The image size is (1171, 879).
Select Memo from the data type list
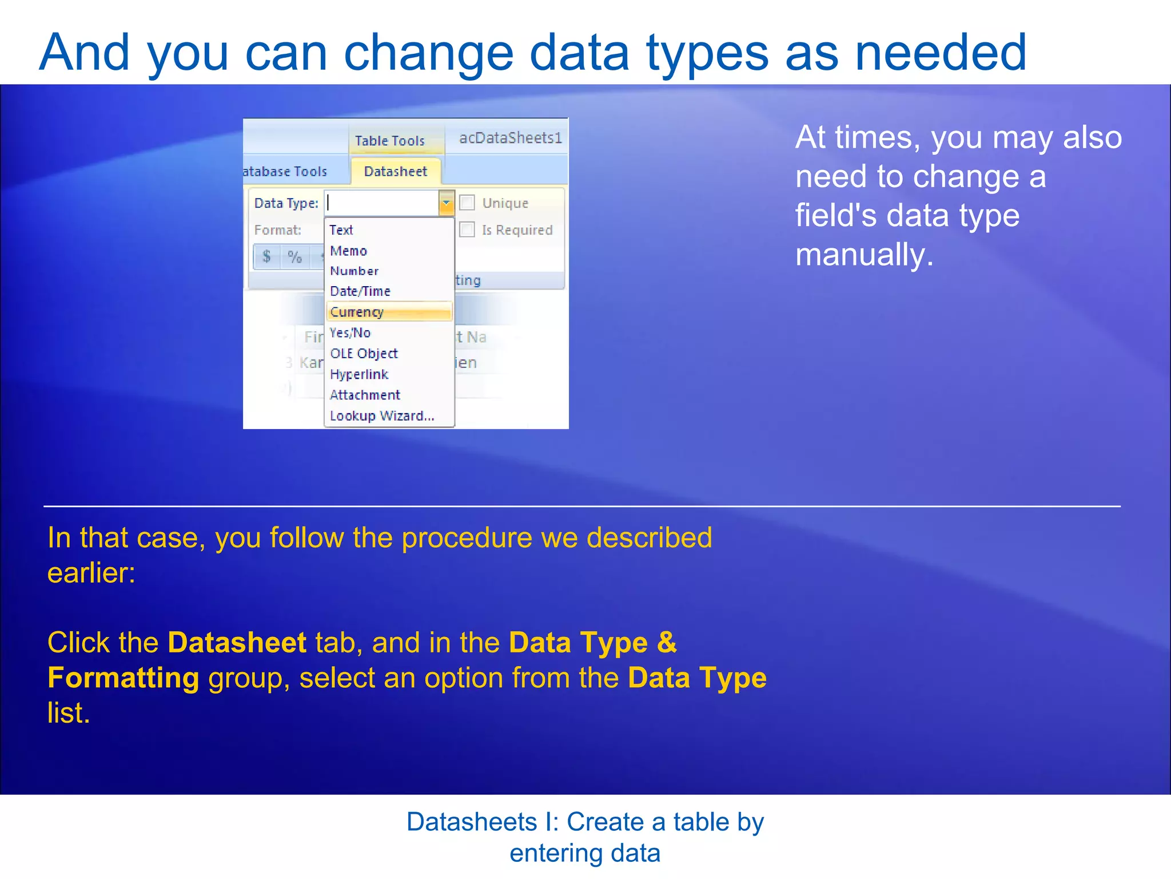(x=348, y=251)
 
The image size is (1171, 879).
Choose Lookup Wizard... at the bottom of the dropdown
(x=382, y=416)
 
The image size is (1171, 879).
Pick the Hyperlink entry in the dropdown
(x=359, y=374)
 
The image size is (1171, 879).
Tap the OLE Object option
(x=364, y=354)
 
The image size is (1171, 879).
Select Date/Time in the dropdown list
(x=360, y=291)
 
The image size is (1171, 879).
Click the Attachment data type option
(x=365, y=395)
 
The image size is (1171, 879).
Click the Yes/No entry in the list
(x=350, y=332)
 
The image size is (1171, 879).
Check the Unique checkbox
(x=467, y=203)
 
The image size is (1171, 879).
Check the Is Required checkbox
(x=467, y=229)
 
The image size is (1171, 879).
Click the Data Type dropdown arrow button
(x=446, y=203)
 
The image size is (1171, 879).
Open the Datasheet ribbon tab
(x=395, y=171)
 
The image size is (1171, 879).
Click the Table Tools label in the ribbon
(x=389, y=141)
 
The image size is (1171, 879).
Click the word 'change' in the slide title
(x=428, y=53)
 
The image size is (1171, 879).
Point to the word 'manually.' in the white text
(x=864, y=255)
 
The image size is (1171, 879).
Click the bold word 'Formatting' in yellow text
(x=123, y=678)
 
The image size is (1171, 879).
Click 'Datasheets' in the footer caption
(x=472, y=822)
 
